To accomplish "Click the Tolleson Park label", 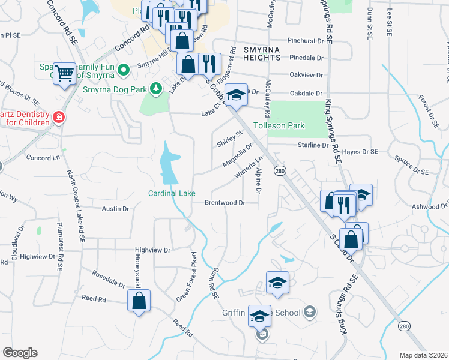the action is tap(279, 126).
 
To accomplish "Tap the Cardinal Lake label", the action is tap(172, 193).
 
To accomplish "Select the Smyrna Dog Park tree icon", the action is tap(156, 89).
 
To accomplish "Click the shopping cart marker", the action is tap(64, 74).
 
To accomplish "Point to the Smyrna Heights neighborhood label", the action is tap(262, 53).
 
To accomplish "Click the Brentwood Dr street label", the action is tap(224, 203).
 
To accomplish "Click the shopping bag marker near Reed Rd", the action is tap(139, 302).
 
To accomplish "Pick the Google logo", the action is tap(20, 353).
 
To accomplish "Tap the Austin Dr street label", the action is tap(116, 209).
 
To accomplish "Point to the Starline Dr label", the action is tap(313, 145).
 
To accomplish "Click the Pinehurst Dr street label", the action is tap(310, 41).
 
